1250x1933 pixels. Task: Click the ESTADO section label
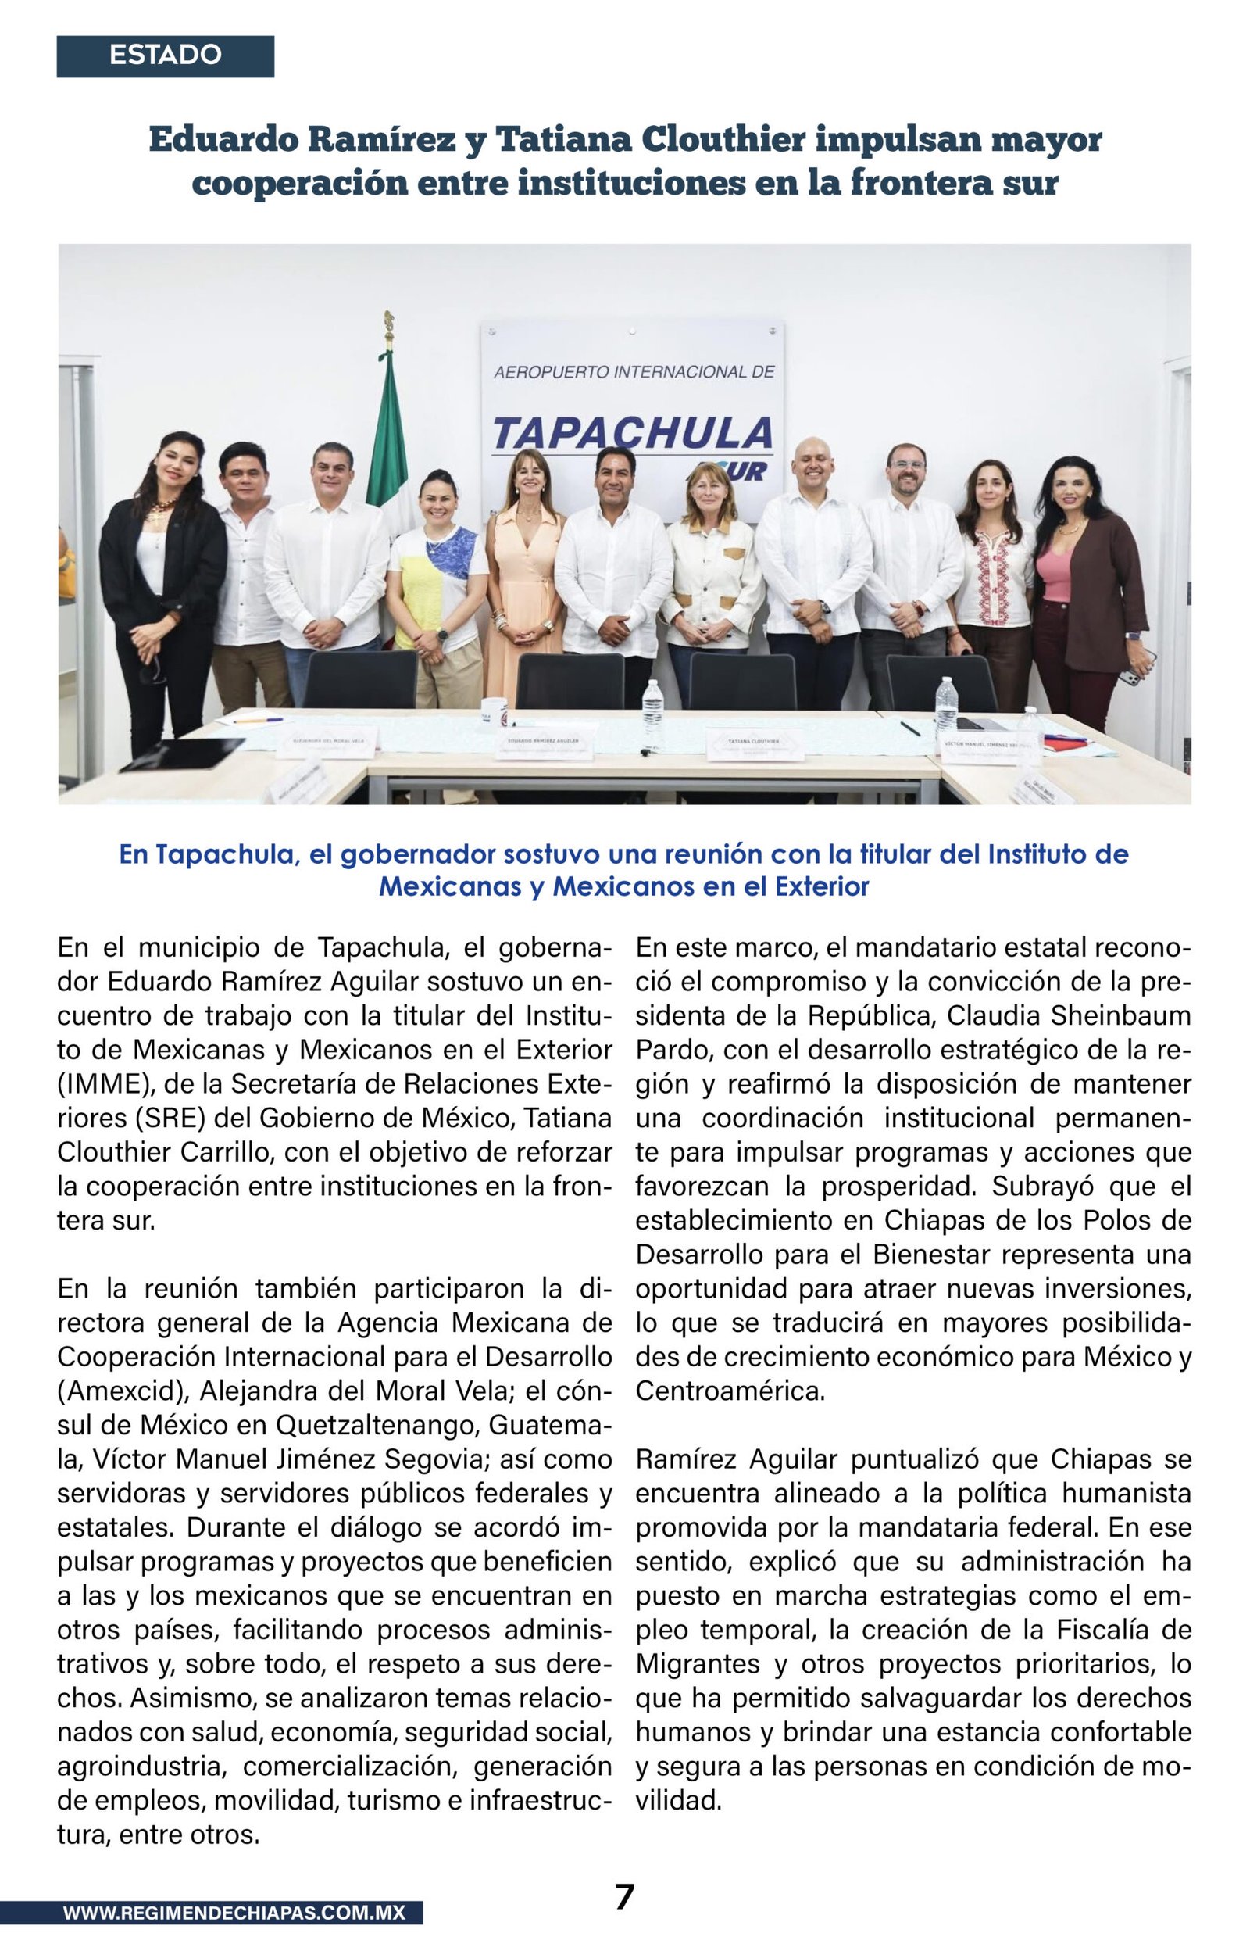[x=165, y=55]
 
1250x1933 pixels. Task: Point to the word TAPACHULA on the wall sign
[x=631, y=433]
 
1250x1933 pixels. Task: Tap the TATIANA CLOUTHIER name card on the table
[x=755, y=743]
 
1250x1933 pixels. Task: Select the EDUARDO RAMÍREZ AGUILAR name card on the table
[x=544, y=743]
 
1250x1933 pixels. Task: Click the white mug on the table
[x=494, y=712]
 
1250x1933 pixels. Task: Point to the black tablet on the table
[x=184, y=753]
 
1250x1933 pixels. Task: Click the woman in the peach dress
[x=523, y=568]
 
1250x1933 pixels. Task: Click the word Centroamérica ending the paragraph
[x=730, y=1391]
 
